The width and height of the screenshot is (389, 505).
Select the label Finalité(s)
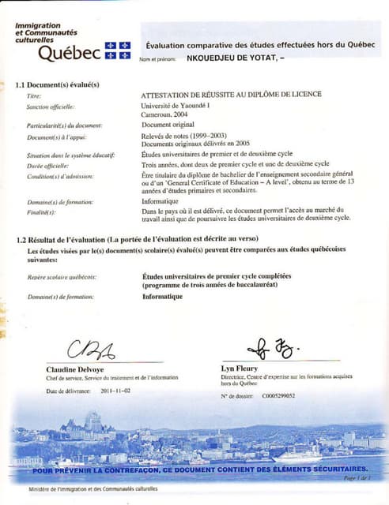pos(41,212)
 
